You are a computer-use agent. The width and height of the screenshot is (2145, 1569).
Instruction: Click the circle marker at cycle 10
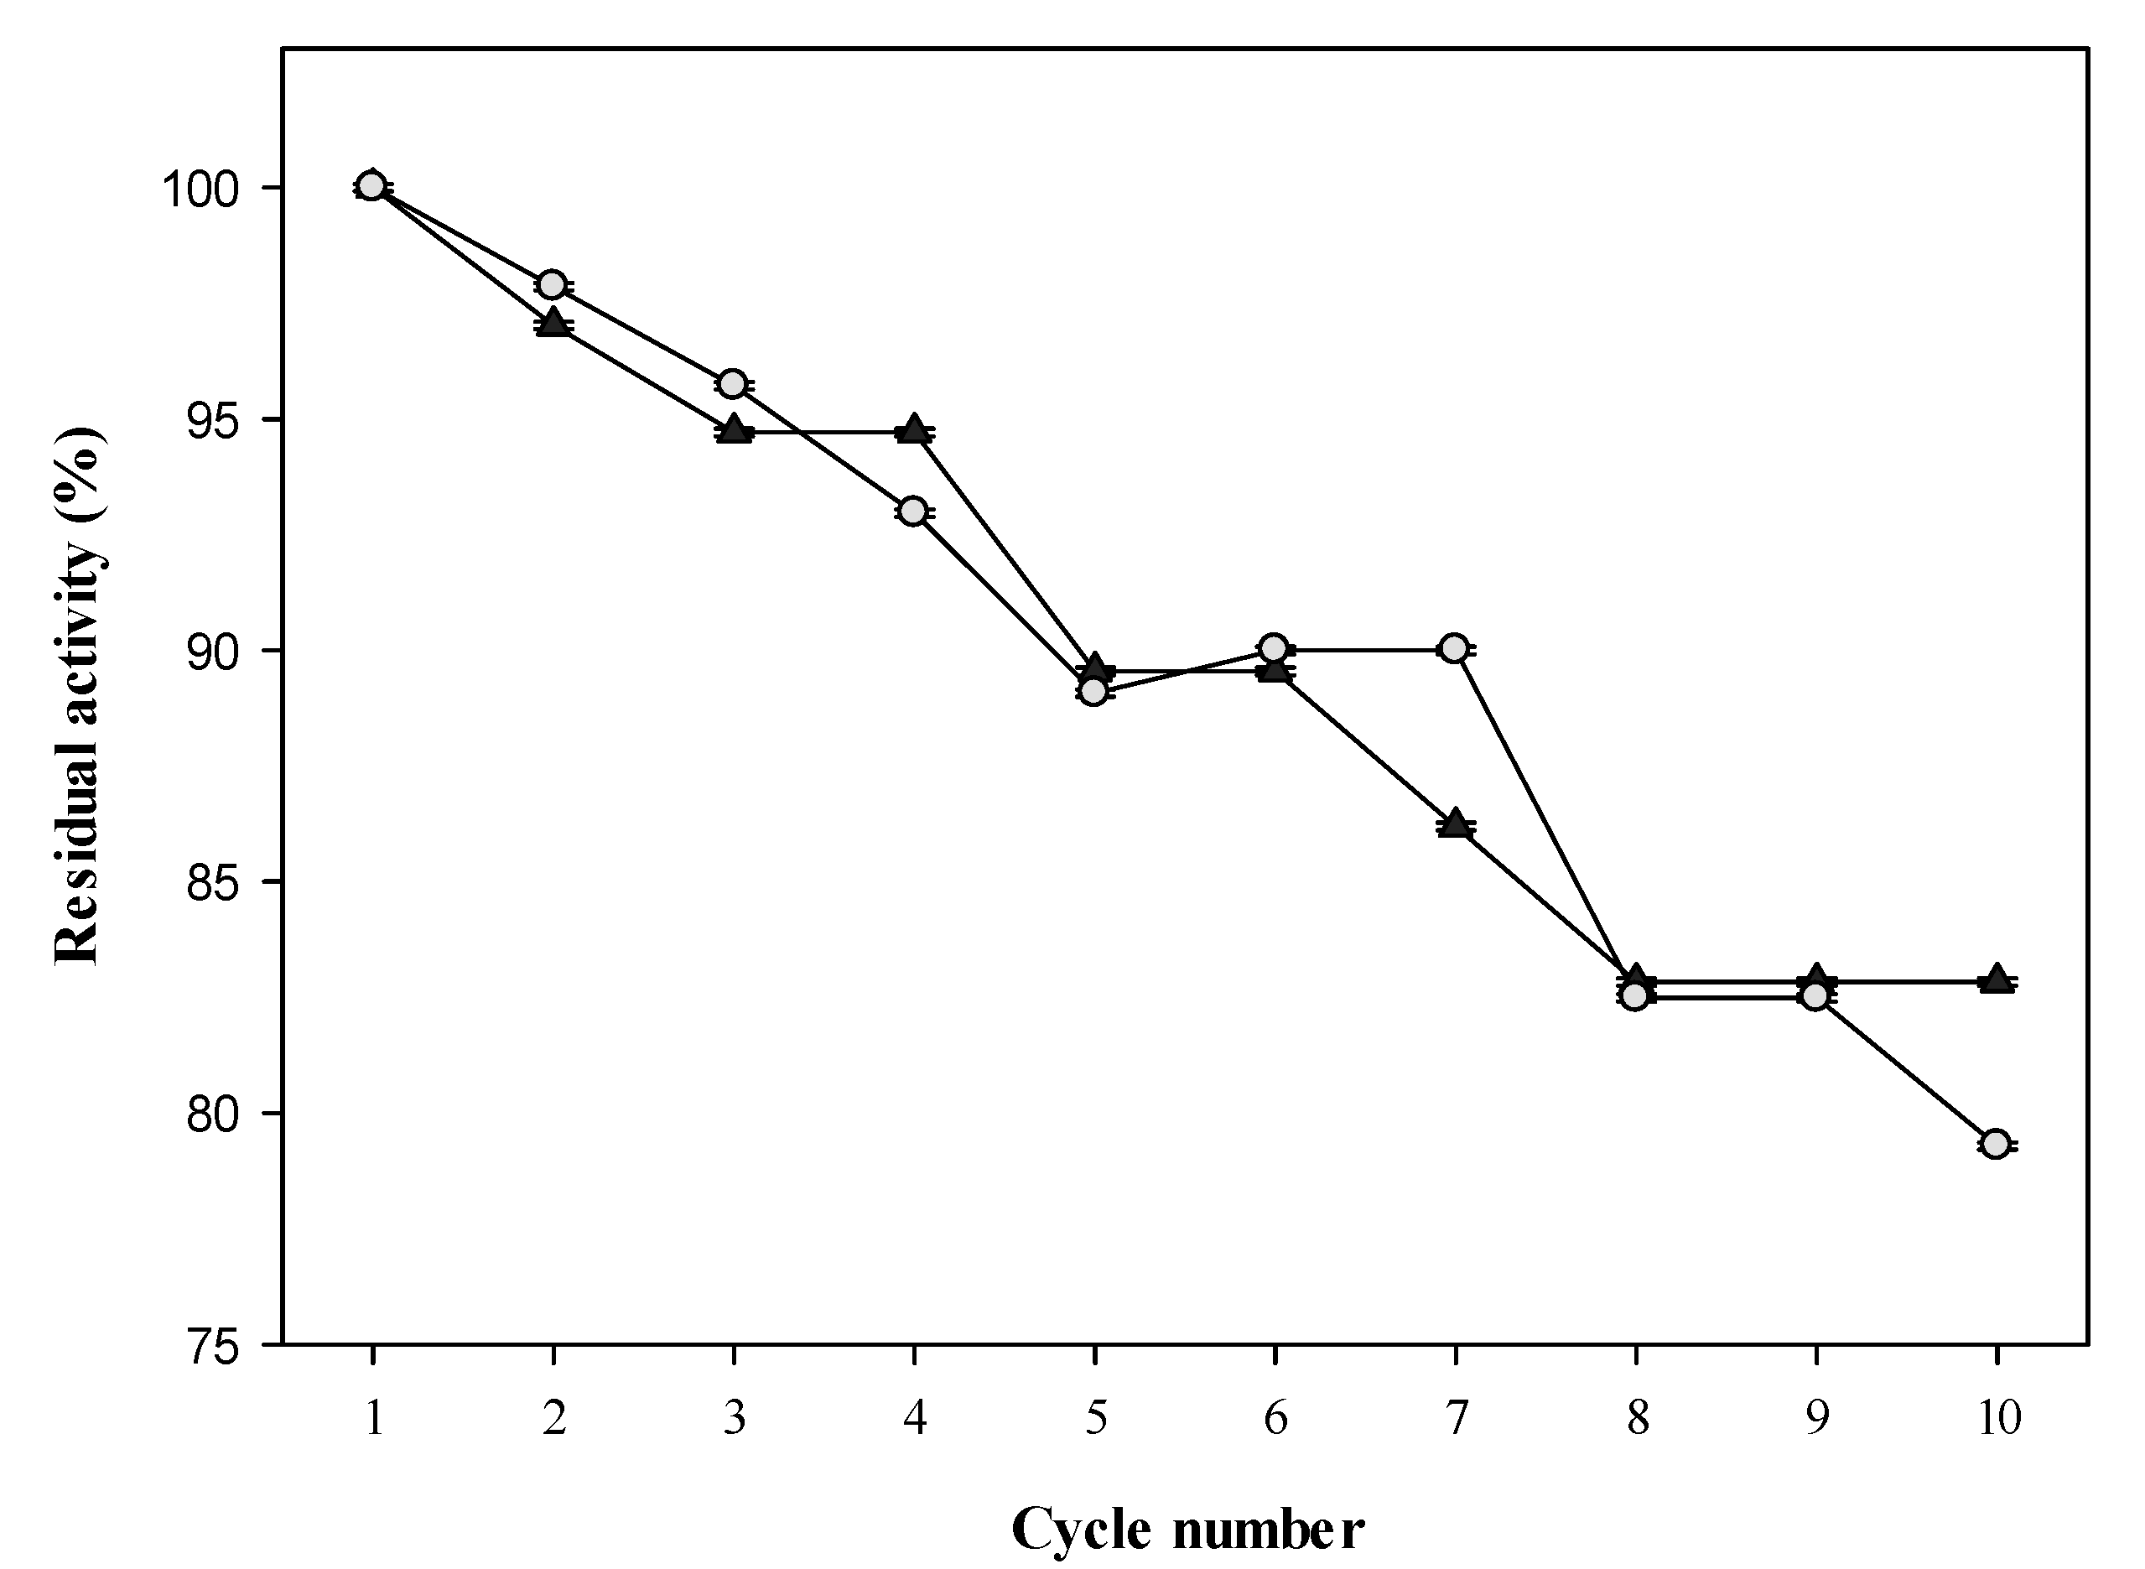click(1996, 1145)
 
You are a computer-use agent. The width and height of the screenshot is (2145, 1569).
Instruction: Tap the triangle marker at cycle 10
click(1996, 979)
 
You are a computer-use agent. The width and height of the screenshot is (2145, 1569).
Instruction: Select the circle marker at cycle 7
click(1454, 649)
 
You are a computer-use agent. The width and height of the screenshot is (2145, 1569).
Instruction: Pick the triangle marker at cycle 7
click(1455, 823)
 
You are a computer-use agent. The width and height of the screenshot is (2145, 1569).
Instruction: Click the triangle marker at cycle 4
click(913, 429)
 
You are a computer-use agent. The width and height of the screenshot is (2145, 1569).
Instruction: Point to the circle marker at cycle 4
click(912, 512)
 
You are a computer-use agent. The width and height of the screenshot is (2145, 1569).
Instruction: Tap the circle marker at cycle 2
click(552, 284)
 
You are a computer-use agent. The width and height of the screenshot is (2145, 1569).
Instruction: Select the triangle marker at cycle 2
click(553, 322)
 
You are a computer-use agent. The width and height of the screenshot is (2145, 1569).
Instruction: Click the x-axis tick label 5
click(1095, 1419)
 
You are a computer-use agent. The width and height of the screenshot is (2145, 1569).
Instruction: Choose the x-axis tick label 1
click(373, 1419)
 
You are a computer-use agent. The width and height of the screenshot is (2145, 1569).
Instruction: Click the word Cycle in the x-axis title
click(1082, 1528)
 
